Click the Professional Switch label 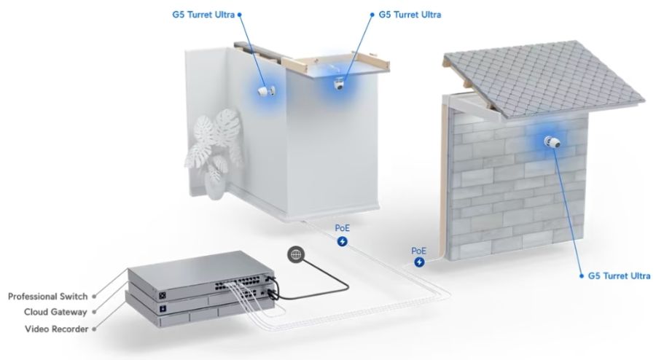tap(47, 297)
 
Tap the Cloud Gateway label tap(55, 312)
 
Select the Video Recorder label tap(56, 329)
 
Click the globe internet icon tap(296, 254)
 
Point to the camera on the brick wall tap(552, 142)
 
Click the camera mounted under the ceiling tap(339, 84)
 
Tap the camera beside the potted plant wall tap(267, 91)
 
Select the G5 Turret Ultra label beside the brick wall tap(619, 276)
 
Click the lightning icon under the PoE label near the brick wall tap(419, 262)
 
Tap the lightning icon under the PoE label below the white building tap(343, 241)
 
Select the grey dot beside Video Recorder tap(94, 329)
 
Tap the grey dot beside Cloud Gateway tap(94, 312)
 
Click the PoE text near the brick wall tap(419, 251)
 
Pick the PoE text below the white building tap(343, 228)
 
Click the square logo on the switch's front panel tap(163, 295)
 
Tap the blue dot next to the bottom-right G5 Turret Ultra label tap(582, 276)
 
